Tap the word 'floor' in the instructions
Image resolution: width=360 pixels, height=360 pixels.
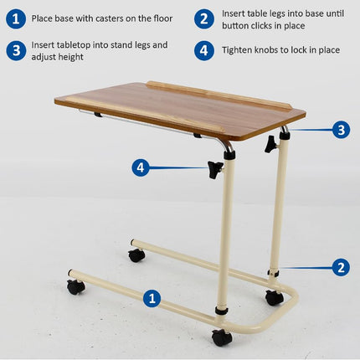tap(163, 18)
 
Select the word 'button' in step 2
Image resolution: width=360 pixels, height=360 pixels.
tap(235, 26)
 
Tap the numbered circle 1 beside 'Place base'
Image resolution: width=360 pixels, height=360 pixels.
tap(16, 19)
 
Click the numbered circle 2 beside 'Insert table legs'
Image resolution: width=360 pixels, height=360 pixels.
tap(204, 19)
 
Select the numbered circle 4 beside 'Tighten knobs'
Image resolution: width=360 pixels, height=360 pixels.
tap(204, 50)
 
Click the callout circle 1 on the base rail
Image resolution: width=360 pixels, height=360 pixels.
tap(152, 298)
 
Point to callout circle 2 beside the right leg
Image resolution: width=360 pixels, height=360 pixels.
tap(341, 267)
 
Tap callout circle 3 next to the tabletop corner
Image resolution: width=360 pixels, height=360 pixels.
tap(341, 130)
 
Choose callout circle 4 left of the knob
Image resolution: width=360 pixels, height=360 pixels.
tap(141, 167)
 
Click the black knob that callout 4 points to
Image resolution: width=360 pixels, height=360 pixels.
tap(215, 169)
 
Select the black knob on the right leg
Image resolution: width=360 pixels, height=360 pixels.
tap(270, 144)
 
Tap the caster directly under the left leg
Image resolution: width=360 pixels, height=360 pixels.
tap(222, 337)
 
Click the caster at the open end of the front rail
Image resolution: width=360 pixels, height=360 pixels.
tap(75, 286)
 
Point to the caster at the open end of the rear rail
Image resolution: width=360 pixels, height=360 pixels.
tap(136, 255)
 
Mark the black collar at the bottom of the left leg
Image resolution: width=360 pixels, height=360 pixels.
tap(222, 311)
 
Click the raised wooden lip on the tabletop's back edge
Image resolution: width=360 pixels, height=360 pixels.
tap(219, 95)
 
